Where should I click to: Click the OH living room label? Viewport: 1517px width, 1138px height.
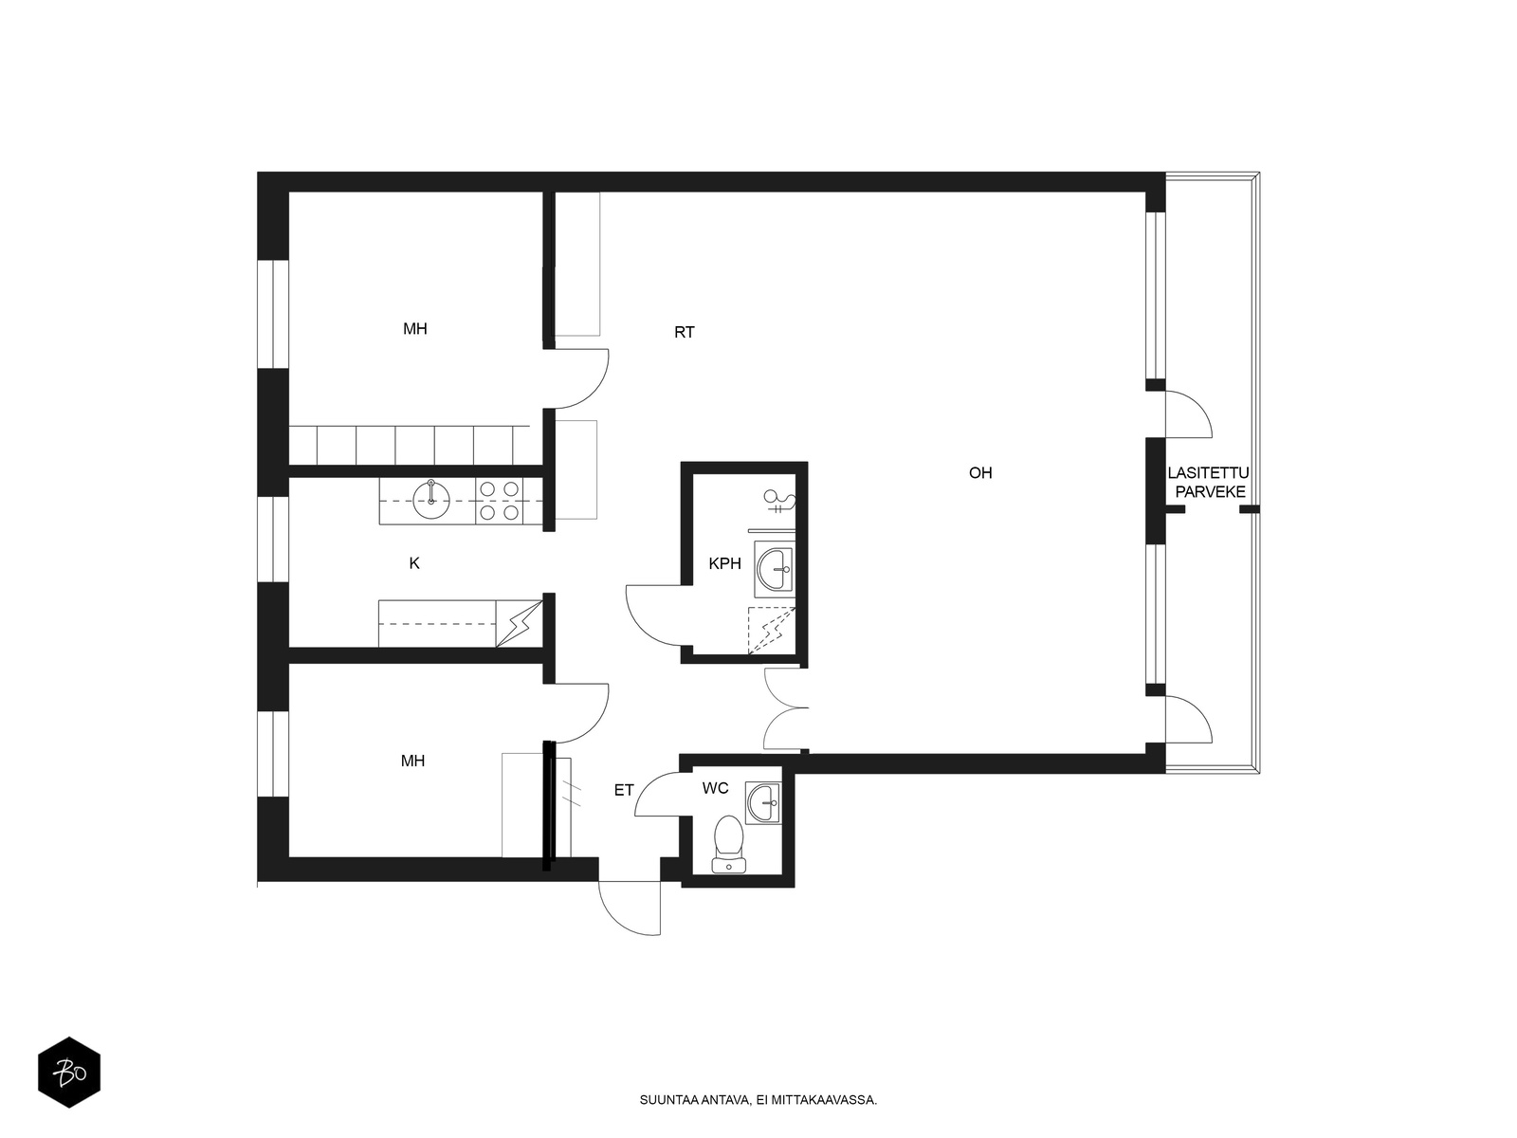point(980,472)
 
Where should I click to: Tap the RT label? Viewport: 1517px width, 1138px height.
point(684,332)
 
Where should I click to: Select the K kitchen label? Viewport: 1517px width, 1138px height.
point(414,563)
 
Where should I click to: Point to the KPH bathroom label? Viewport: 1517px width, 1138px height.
point(725,563)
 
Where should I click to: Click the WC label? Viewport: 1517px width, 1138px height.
point(715,788)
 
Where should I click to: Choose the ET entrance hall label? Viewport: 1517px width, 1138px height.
point(624,791)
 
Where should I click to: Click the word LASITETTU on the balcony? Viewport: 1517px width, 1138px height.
point(1208,473)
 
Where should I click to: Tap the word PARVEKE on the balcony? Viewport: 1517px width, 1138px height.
point(1210,492)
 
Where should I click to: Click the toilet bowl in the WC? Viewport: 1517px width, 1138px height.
point(728,844)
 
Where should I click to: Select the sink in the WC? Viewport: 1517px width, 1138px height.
point(763,803)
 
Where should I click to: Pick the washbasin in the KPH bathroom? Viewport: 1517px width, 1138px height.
point(775,569)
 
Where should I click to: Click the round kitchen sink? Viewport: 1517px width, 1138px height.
point(431,500)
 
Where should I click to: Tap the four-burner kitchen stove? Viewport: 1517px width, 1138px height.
point(499,501)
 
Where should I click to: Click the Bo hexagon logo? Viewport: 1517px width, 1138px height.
point(69,1073)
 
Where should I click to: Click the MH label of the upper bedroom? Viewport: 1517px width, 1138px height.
point(415,329)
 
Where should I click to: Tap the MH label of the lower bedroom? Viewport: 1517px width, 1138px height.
point(412,761)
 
